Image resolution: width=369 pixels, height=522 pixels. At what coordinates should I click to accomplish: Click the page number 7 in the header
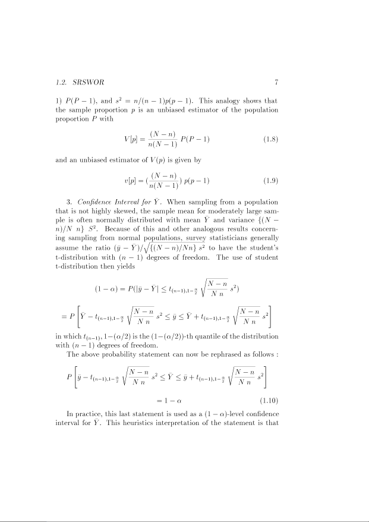(277, 82)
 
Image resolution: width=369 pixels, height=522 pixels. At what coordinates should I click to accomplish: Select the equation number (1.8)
(270, 140)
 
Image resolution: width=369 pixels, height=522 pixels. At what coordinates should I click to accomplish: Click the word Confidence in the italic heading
(99, 201)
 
